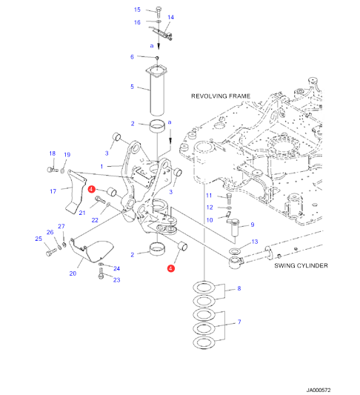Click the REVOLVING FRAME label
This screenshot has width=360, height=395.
221,96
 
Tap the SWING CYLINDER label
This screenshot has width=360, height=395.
301,265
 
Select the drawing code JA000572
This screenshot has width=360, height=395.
319,391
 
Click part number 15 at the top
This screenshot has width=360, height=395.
137,10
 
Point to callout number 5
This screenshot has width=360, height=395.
132,87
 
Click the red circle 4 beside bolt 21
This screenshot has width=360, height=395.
91,189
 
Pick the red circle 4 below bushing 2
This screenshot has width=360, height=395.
170,268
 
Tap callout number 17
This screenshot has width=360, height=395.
53,191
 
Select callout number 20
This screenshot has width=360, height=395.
73,273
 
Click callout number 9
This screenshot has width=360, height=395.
253,225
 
